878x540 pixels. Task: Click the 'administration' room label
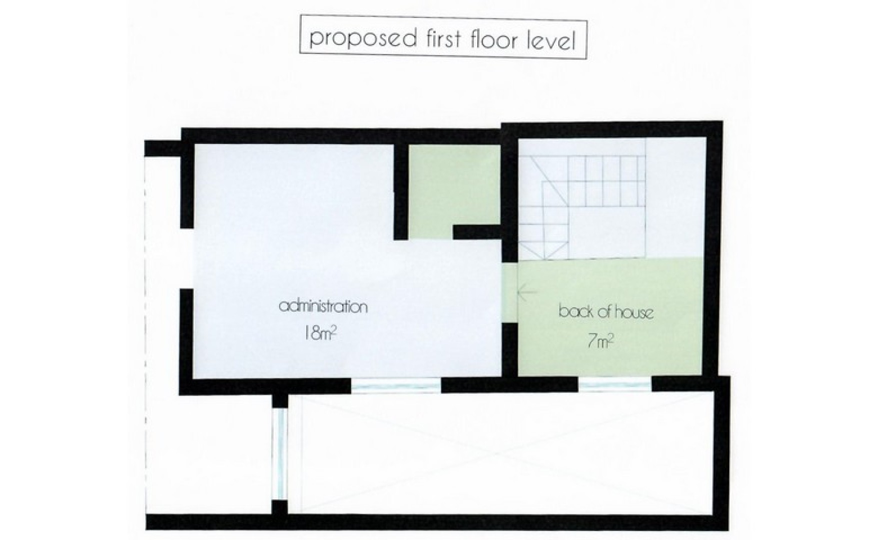click(323, 305)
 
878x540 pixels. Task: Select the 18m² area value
click(319, 333)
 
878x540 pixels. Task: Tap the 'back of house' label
click(606, 312)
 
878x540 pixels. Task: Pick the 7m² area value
click(600, 341)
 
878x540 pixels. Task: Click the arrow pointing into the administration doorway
click(526, 292)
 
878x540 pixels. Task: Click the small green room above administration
click(454, 191)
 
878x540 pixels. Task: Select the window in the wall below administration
click(396, 385)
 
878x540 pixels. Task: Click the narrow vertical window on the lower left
click(280, 453)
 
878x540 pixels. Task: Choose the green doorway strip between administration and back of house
click(509, 292)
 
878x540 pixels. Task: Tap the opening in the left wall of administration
click(187, 258)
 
